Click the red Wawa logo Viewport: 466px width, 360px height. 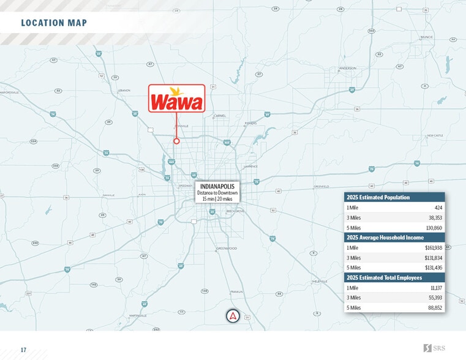click(x=176, y=99)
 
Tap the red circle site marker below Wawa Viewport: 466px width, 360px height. click(x=176, y=141)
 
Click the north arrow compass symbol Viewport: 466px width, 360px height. click(x=233, y=316)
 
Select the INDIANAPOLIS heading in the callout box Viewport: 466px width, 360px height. click(x=217, y=186)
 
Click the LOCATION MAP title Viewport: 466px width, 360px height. click(x=54, y=23)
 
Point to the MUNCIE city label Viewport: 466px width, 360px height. click(x=426, y=37)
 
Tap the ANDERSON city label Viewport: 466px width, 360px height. click(x=347, y=68)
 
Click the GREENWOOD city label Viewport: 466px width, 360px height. click(x=227, y=248)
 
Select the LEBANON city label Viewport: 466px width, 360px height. click(x=124, y=90)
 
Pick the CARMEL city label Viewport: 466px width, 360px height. click(x=220, y=115)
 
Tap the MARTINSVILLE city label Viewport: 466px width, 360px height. click(x=138, y=315)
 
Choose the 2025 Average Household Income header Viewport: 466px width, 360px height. click(x=385, y=238)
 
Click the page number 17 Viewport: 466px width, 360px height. click(x=23, y=350)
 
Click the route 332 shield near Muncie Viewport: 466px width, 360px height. click(x=371, y=30)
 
